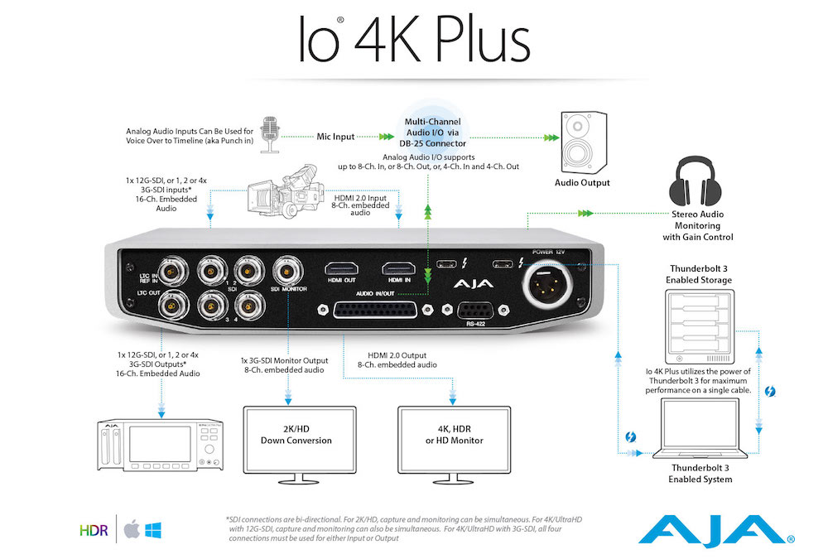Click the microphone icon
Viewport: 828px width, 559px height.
(x=270, y=135)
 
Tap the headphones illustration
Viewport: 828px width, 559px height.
(x=696, y=181)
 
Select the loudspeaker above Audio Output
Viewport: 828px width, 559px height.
(x=584, y=142)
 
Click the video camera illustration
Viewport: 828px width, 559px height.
(x=286, y=191)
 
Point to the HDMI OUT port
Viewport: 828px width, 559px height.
(x=341, y=269)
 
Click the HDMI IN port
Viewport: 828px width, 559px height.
(x=399, y=269)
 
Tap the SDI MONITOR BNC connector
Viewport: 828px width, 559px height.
(x=288, y=271)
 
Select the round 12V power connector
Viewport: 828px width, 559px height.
(x=547, y=284)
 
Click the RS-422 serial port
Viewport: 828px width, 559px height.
(x=475, y=311)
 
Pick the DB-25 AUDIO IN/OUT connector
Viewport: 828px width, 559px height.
(x=375, y=310)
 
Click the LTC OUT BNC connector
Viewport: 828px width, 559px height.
(x=174, y=305)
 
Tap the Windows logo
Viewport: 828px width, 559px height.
(x=153, y=530)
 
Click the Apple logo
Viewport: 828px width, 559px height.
(x=132, y=529)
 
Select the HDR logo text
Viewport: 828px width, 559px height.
(x=94, y=531)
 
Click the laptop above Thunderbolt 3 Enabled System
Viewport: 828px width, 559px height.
(x=700, y=428)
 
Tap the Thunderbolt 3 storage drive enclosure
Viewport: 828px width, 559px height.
(x=699, y=326)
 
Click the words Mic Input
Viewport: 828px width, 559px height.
(x=335, y=137)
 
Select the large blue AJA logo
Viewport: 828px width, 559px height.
(x=715, y=531)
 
